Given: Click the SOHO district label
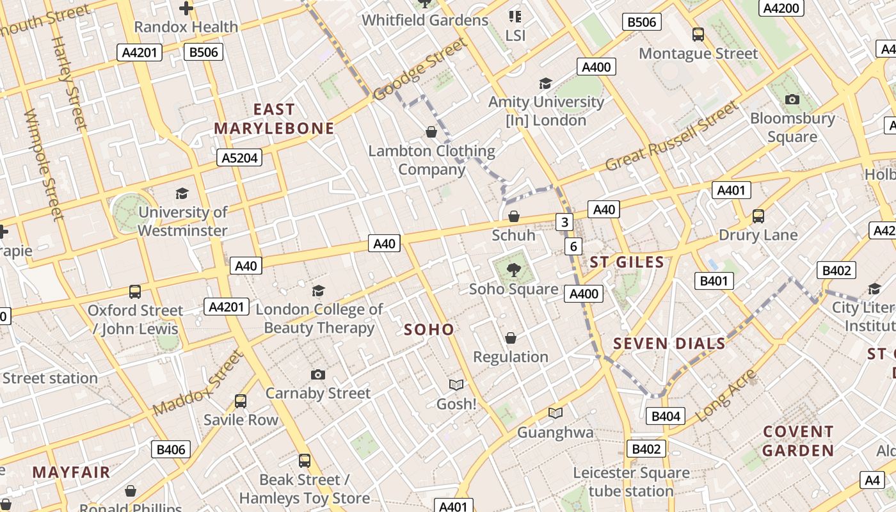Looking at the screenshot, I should (x=429, y=330).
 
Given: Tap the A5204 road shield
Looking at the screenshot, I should (x=239, y=157).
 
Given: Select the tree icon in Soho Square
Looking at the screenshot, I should (x=513, y=270).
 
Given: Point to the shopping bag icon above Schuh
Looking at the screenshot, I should (x=514, y=216).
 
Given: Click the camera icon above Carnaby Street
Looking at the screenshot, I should (x=318, y=374).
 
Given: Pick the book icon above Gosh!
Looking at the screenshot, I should (x=456, y=385).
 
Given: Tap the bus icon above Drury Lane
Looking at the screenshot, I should (x=758, y=216).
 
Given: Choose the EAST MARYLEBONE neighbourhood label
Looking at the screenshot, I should (x=274, y=119).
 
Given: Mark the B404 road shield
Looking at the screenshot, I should (x=666, y=417).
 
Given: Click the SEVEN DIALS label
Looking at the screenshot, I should (x=669, y=344).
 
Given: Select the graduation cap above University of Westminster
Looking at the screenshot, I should (x=182, y=193).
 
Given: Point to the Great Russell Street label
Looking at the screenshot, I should (x=671, y=136).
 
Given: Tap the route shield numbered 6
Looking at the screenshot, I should (x=573, y=246).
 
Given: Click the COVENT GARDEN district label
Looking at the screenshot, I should (x=798, y=441).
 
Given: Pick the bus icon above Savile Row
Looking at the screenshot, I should (x=241, y=401).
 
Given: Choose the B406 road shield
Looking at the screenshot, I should (x=171, y=449).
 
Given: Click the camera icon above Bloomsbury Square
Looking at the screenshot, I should (x=792, y=99).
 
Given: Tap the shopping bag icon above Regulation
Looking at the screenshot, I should (x=511, y=338).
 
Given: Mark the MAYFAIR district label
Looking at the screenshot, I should (x=71, y=472).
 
